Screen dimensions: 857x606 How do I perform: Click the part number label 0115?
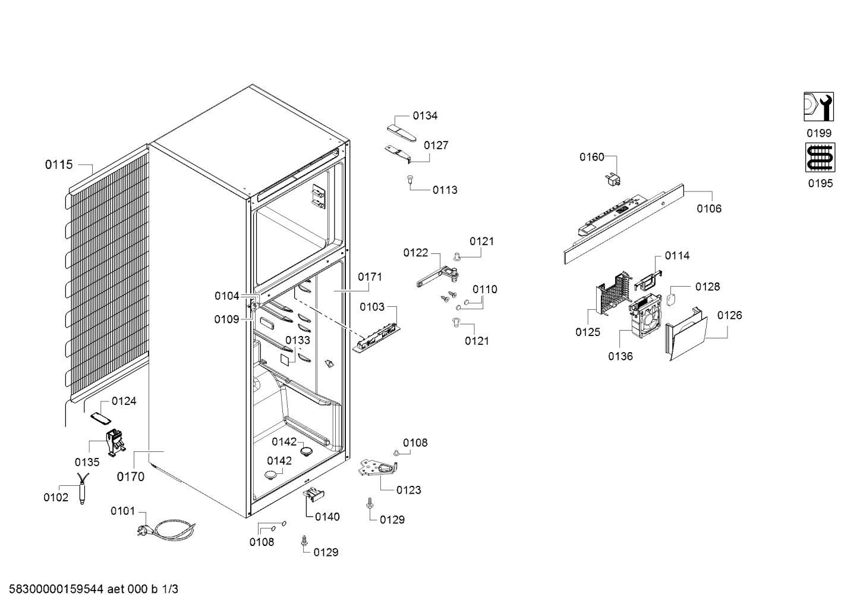(x=58, y=165)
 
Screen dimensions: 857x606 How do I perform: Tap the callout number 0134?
(x=425, y=115)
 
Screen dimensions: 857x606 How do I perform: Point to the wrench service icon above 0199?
(x=819, y=107)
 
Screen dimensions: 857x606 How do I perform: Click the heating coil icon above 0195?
(x=820, y=158)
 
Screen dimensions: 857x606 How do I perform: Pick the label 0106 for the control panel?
(x=709, y=209)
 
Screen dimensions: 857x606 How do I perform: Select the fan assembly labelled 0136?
(x=645, y=315)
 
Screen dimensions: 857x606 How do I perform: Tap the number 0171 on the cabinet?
(x=370, y=277)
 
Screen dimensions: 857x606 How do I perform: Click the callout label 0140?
(x=327, y=517)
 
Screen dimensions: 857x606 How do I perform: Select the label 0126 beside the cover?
(x=729, y=315)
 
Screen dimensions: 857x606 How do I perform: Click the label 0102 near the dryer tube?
(x=56, y=497)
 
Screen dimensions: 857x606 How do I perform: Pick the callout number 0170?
(x=131, y=476)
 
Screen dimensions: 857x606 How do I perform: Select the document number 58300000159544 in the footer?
(x=56, y=589)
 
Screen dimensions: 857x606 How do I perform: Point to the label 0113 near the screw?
(x=445, y=190)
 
